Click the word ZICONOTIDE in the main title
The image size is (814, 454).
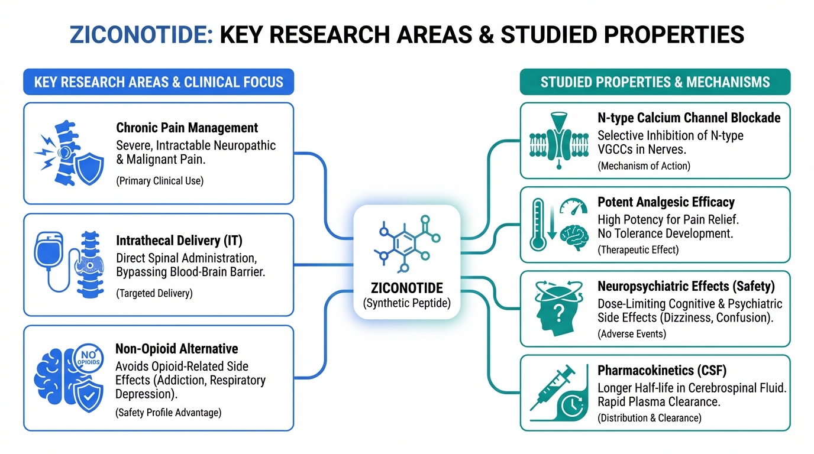coord(141,35)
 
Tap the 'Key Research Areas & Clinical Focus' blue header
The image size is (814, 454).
coord(159,82)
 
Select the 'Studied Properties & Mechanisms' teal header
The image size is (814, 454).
coord(655,82)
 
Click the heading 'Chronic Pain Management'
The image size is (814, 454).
coord(187,128)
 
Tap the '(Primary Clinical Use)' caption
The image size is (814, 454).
coord(160,181)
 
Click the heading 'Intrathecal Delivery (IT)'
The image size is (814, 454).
coord(179,241)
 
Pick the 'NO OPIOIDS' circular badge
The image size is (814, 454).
coord(88,358)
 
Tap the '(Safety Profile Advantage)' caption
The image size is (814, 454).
coord(168,413)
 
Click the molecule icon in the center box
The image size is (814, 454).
coord(407,244)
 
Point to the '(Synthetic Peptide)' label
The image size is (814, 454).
coord(407,303)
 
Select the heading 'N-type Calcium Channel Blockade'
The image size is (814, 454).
coord(689,118)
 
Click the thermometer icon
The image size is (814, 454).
coord(538,225)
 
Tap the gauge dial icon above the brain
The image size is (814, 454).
coord(573,206)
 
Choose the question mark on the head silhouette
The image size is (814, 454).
coord(559,313)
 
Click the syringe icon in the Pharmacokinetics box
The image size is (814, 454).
coord(553,388)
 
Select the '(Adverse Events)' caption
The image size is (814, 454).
coord(632,334)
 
